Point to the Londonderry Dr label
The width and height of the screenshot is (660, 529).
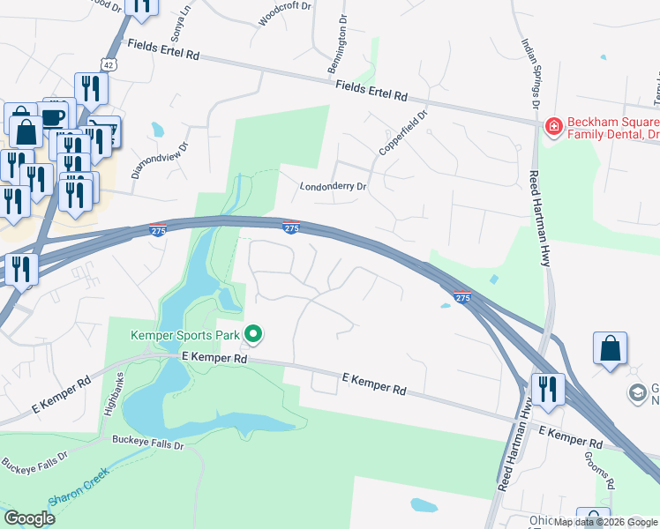pos(333,187)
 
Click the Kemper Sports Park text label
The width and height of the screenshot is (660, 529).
pos(185,334)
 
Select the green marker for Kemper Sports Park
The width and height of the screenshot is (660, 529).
pos(254,333)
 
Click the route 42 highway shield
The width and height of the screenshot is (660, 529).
pos(107,64)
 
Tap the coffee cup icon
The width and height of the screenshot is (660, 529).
pos(54,117)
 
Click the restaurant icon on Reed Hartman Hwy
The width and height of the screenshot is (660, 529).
pos(548,388)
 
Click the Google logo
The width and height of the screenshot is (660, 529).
pos(29,518)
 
